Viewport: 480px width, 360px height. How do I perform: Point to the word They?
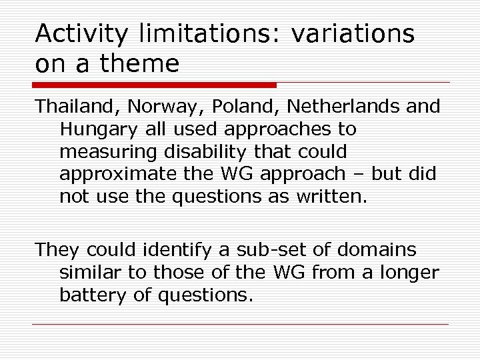click(55, 250)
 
